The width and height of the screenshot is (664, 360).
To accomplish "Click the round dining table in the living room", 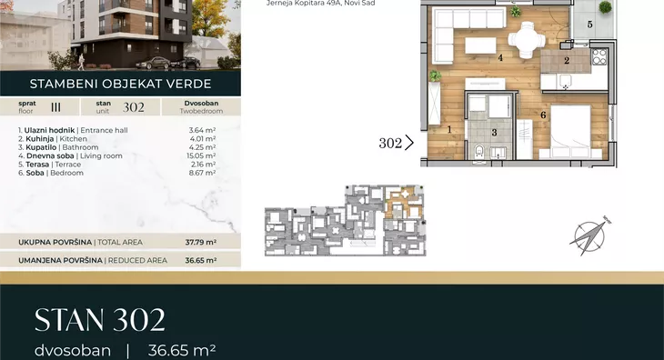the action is coord(527,40).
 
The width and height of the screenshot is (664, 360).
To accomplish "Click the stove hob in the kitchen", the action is coord(599,56).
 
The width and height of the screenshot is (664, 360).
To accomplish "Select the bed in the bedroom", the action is coord(569,131).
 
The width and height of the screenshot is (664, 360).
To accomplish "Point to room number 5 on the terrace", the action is coord(589,25).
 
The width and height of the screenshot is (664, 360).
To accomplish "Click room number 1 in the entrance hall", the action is coord(449,129).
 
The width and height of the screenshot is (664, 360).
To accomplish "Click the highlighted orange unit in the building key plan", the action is coord(403,202).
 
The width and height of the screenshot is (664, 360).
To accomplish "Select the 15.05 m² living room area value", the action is coord(201,155).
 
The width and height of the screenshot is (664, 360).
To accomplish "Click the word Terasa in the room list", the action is coord(37,165).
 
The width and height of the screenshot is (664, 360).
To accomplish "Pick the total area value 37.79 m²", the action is coord(201,243).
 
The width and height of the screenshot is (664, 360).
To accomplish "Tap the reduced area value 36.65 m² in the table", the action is coord(201,261).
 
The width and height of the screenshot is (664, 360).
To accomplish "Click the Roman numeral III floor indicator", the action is coord(55,107).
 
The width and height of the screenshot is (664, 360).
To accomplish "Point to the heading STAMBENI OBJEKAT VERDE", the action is coord(121,84).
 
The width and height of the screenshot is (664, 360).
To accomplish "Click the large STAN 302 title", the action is coord(100,320).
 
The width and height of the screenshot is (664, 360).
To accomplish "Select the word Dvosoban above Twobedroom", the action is coord(201,104).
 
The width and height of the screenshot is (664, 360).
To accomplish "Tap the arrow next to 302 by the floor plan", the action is coord(409,143).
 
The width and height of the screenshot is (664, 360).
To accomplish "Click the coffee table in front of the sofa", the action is coord(480,45).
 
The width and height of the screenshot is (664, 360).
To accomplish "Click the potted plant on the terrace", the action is coord(605,7).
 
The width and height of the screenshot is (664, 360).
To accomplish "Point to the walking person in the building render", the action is coord(81,62).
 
